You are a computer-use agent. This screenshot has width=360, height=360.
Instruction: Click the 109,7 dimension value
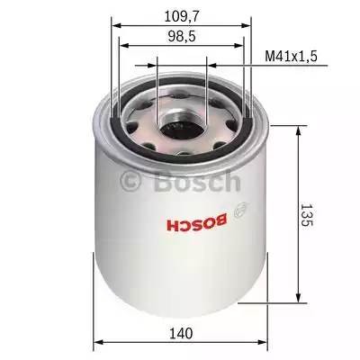point(181,16)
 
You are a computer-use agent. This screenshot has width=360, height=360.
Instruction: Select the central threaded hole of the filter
point(182,119)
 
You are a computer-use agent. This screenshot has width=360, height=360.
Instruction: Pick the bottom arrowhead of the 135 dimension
point(297,303)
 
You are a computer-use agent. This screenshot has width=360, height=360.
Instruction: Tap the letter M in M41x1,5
point(269,56)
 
